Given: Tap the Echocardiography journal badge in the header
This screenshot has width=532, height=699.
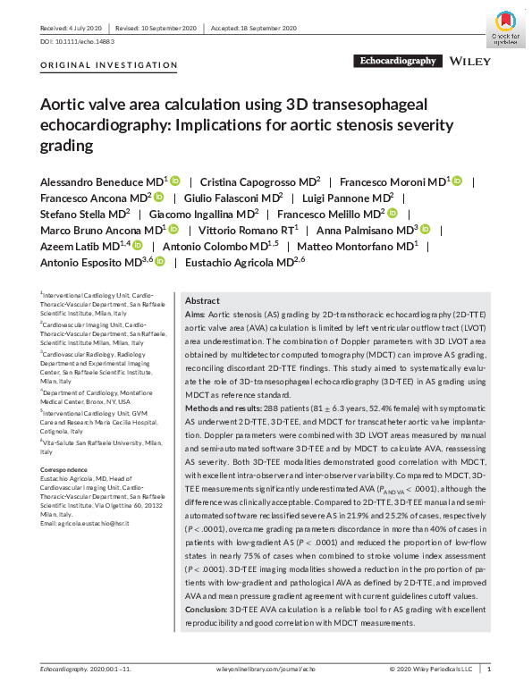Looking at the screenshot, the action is coord(397,62).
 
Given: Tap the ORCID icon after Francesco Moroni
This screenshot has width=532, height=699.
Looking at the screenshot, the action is coord(457,181).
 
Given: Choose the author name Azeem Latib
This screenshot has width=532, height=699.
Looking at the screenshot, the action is coord(80,246).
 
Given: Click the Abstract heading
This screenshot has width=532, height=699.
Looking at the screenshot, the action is coord(203,301).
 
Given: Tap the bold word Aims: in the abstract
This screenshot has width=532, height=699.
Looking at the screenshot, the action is coord(193,316).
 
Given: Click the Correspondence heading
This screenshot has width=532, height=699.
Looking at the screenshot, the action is coord(65,469).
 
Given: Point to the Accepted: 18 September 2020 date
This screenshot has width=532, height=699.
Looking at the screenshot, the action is coord(254,29).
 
